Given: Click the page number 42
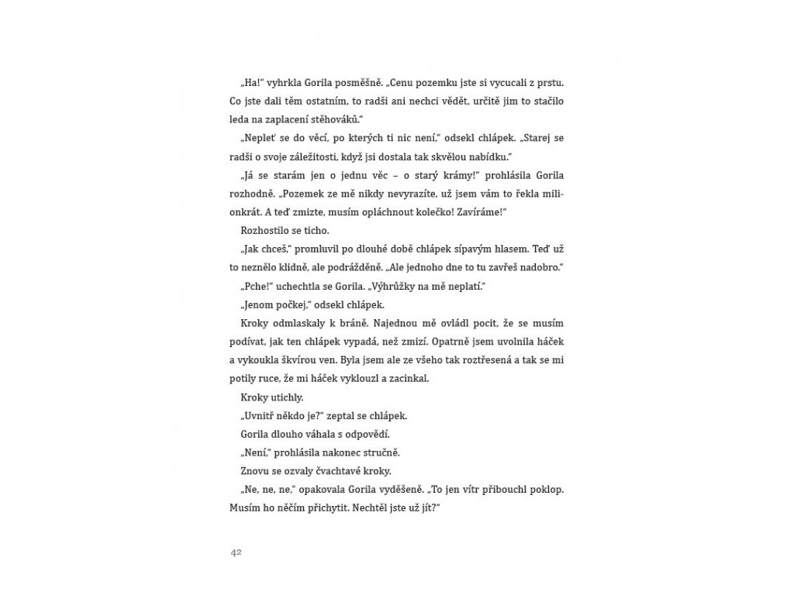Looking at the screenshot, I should (237, 552).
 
